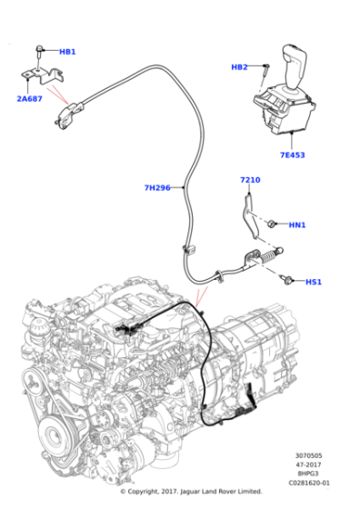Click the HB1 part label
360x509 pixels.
click(x=67, y=52)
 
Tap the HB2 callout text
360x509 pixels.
click(x=239, y=67)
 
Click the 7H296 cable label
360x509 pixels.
click(x=157, y=188)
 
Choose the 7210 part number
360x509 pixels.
click(x=250, y=180)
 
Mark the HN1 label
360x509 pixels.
click(x=297, y=225)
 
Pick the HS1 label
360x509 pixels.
click(x=314, y=282)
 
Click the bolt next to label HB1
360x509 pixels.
click(x=40, y=49)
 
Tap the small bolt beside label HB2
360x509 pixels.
click(x=264, y=67)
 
